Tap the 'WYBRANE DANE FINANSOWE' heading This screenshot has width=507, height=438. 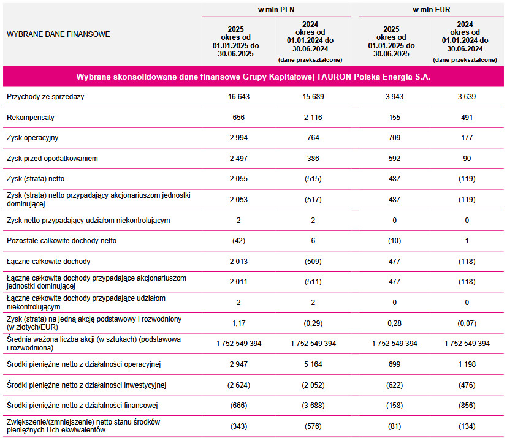(x=58, y=34)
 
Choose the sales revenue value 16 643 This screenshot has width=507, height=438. (x=239, y=97)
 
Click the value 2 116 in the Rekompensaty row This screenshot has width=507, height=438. (x=313, y=117)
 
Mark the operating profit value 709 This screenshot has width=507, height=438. (x=394, y=138)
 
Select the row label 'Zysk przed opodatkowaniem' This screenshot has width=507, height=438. (x=52, y=159)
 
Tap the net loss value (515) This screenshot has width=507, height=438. (x=313, y=178)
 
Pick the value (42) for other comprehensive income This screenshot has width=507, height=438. (x=239, y=241)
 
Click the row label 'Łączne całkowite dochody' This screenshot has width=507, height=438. (x=48, y=262)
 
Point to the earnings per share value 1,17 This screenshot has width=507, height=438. (x=239, y=323)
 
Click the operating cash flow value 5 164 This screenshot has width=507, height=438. (x=313, y=364)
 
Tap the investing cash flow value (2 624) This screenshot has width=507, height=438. (x=239, y=385)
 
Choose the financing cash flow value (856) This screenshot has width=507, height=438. (x=467, y=405)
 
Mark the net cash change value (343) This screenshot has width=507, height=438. (x=239, y=426)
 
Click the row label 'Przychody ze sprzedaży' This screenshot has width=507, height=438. (x=45, y=97)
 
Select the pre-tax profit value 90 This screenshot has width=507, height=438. (x=467, y=159)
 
